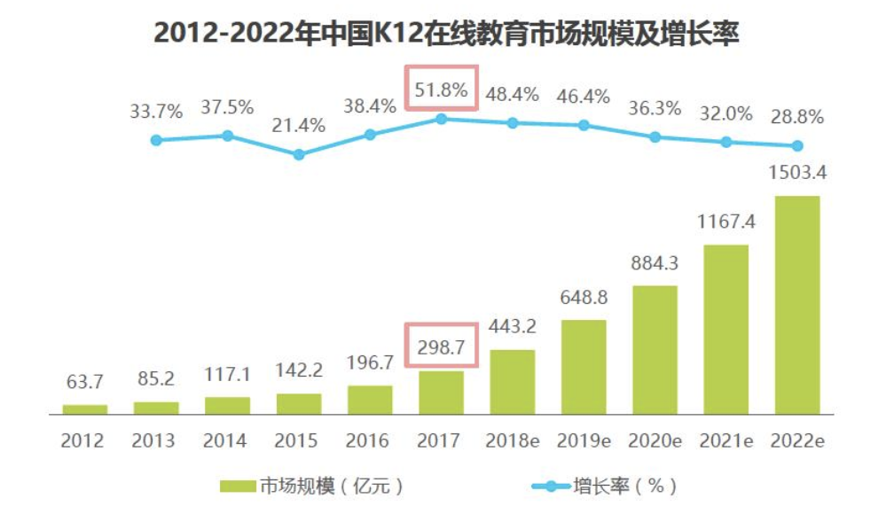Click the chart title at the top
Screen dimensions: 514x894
pyautogui.click(x=447, y=33)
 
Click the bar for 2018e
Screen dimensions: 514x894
pyautogui.click(x=512, y=381)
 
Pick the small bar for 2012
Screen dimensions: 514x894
pyautogui.click(x=85, y=409)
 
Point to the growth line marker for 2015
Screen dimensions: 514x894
pyautogui.click(x=299, y=154)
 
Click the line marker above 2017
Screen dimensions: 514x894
pyautogui.click(x=441, y=118)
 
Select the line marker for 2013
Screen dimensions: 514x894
pyautogui.click(x=156, y=140)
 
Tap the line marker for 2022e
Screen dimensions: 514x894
pyautogui.click(x=796, y=146)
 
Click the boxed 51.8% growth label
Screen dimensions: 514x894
pyautogui.click(x=441, y=90)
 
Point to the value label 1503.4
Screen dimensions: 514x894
pyautogui.click(x=796, y=173)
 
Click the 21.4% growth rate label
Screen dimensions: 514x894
pyautogui.click(x=299, y=126)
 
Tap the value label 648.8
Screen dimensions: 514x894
pyautogui.click(x=584, y=297)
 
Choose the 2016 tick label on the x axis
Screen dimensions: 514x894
pyautogui.click(x=370, y=440)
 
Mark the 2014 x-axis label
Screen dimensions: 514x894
pyautogui.click(x=227, y=440)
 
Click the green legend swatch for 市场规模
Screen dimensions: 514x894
pyautogui.click(x=237, y=486)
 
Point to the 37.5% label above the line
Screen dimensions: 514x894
pyautogui.click(x=227, y=107)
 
